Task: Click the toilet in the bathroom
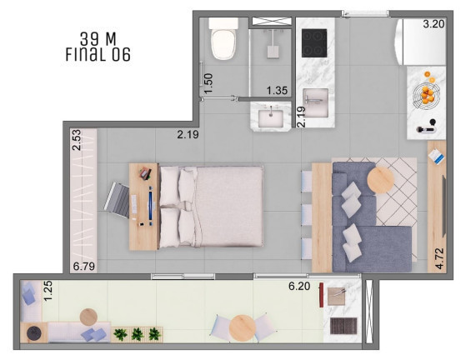pyautogui.click(x=223, y=38)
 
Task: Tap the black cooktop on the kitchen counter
pyautogui.click(x=314, y=43)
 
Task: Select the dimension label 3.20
pyautogui.click(x=433, y=24)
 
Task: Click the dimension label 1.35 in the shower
pyautogui.click(x=277, y=90)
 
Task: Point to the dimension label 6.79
pyautogui.click(x=84, y=266)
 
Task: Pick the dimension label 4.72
pyautogui.click(x=439, y=258)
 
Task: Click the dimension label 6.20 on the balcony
pyautogui.click(x=299, y=286)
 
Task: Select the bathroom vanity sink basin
pyautogui.click(x=270, y=118)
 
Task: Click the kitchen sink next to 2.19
pyautogui.click(x=316, y=102)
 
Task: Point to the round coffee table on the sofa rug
pyautogui.click(x=380, y=180)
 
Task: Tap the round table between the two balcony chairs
pyautogui.click(x=243, y=328)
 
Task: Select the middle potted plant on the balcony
pyautogui.click(x=138, y=334)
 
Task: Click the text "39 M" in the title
pyautogui.click(x=98, y=39)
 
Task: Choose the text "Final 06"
pyautogui.click(x=98, y=55)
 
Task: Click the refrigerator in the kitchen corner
pyautogui.click(x=420, y=42)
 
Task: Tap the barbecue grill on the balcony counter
pyautogui.click(x=343, y=326)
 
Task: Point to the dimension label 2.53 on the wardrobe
pyautogui.click(x=77, y=140)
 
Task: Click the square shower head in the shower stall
pyautogui.click(x=273, y=52)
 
